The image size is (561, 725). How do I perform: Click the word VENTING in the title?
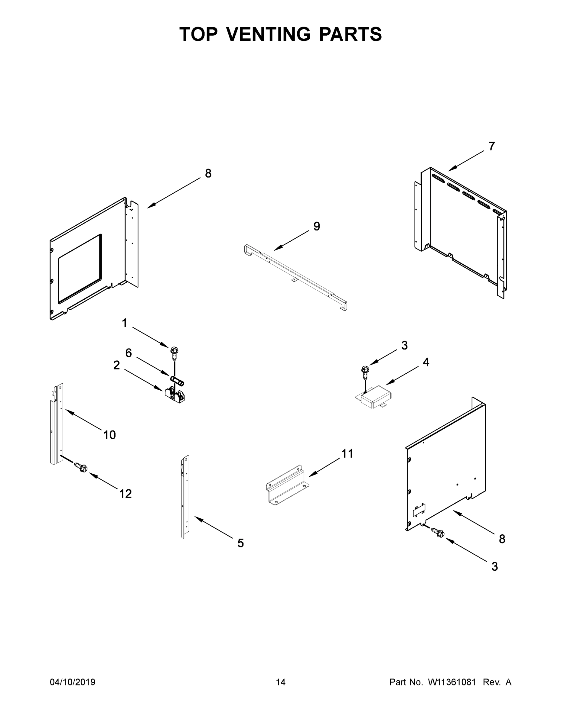click(269, 34)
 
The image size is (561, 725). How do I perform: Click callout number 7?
click(491, 146)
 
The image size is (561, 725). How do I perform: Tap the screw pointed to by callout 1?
click(174, 353)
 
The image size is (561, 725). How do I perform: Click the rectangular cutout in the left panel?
click(80, 269)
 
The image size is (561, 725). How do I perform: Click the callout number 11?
click(347, 453)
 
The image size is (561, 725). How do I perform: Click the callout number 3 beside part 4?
click(404, 345)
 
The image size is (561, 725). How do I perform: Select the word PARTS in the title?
click(351, 34)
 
